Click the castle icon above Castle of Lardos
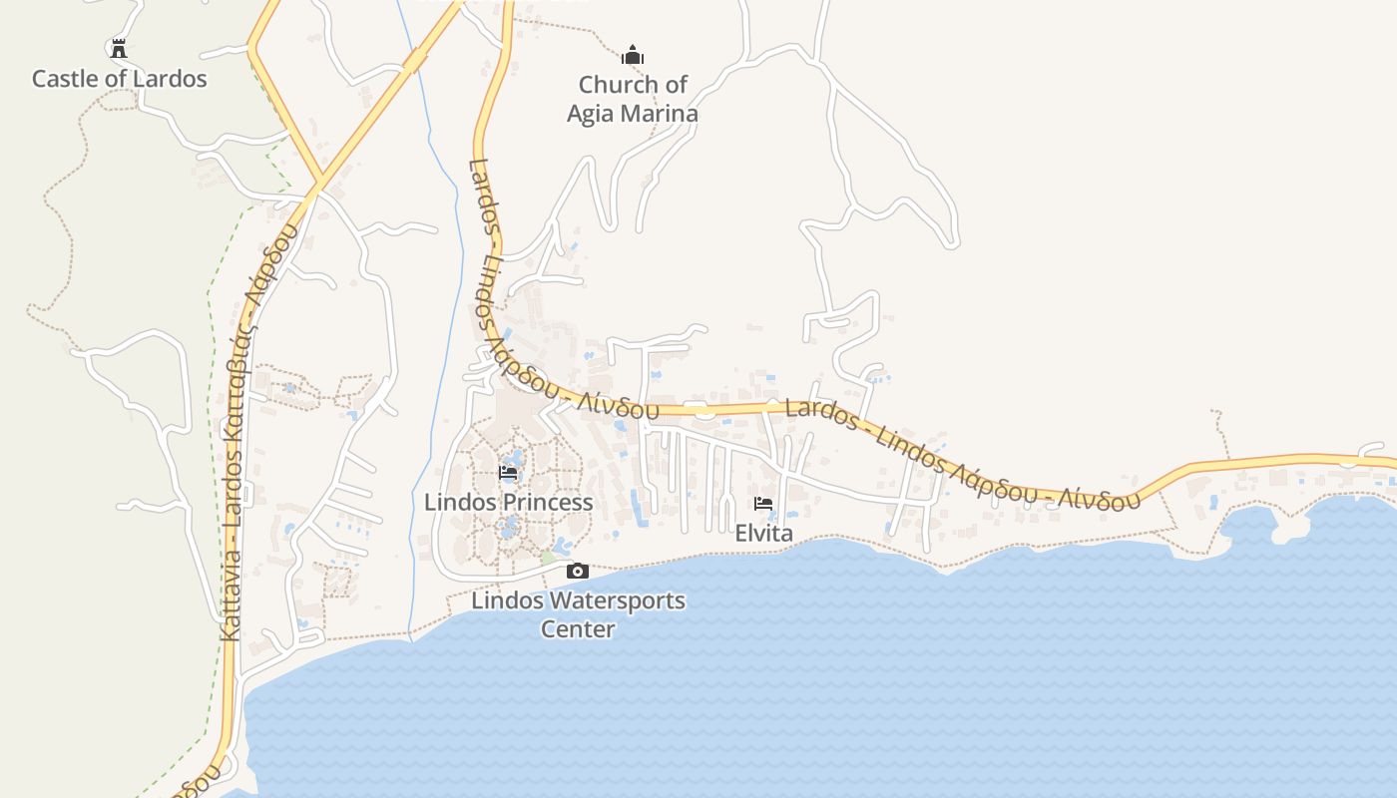point(119,48)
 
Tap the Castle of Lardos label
point(120,79)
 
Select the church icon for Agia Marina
point(632,55)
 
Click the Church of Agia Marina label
point(633,99)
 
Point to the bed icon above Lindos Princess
point(508,473)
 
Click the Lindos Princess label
point(509,502)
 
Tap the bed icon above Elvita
point(763,504)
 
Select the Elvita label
point(764,533)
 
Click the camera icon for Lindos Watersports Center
point(577,572)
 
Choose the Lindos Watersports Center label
point(578,614)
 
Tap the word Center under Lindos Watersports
point(578,629)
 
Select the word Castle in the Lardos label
point(64,79)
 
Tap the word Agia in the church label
point(589,114)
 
